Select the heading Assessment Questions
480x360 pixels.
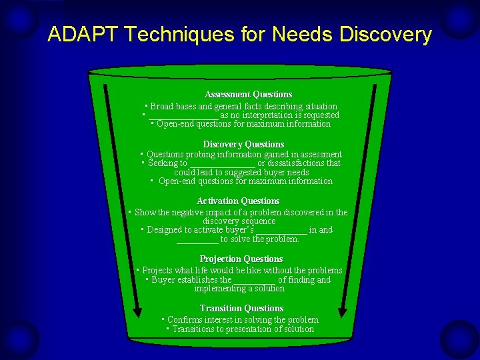(x=248, y=95)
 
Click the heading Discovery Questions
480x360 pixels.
(x=243, y=145)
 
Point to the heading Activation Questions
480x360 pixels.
(x=238, y=201)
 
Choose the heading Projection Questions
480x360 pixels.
(x=241, y=259)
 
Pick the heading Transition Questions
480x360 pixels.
(x=241, y=309)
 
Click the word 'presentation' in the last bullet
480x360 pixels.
(x=251, y=329)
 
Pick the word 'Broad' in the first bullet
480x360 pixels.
(x=161, y=107)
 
